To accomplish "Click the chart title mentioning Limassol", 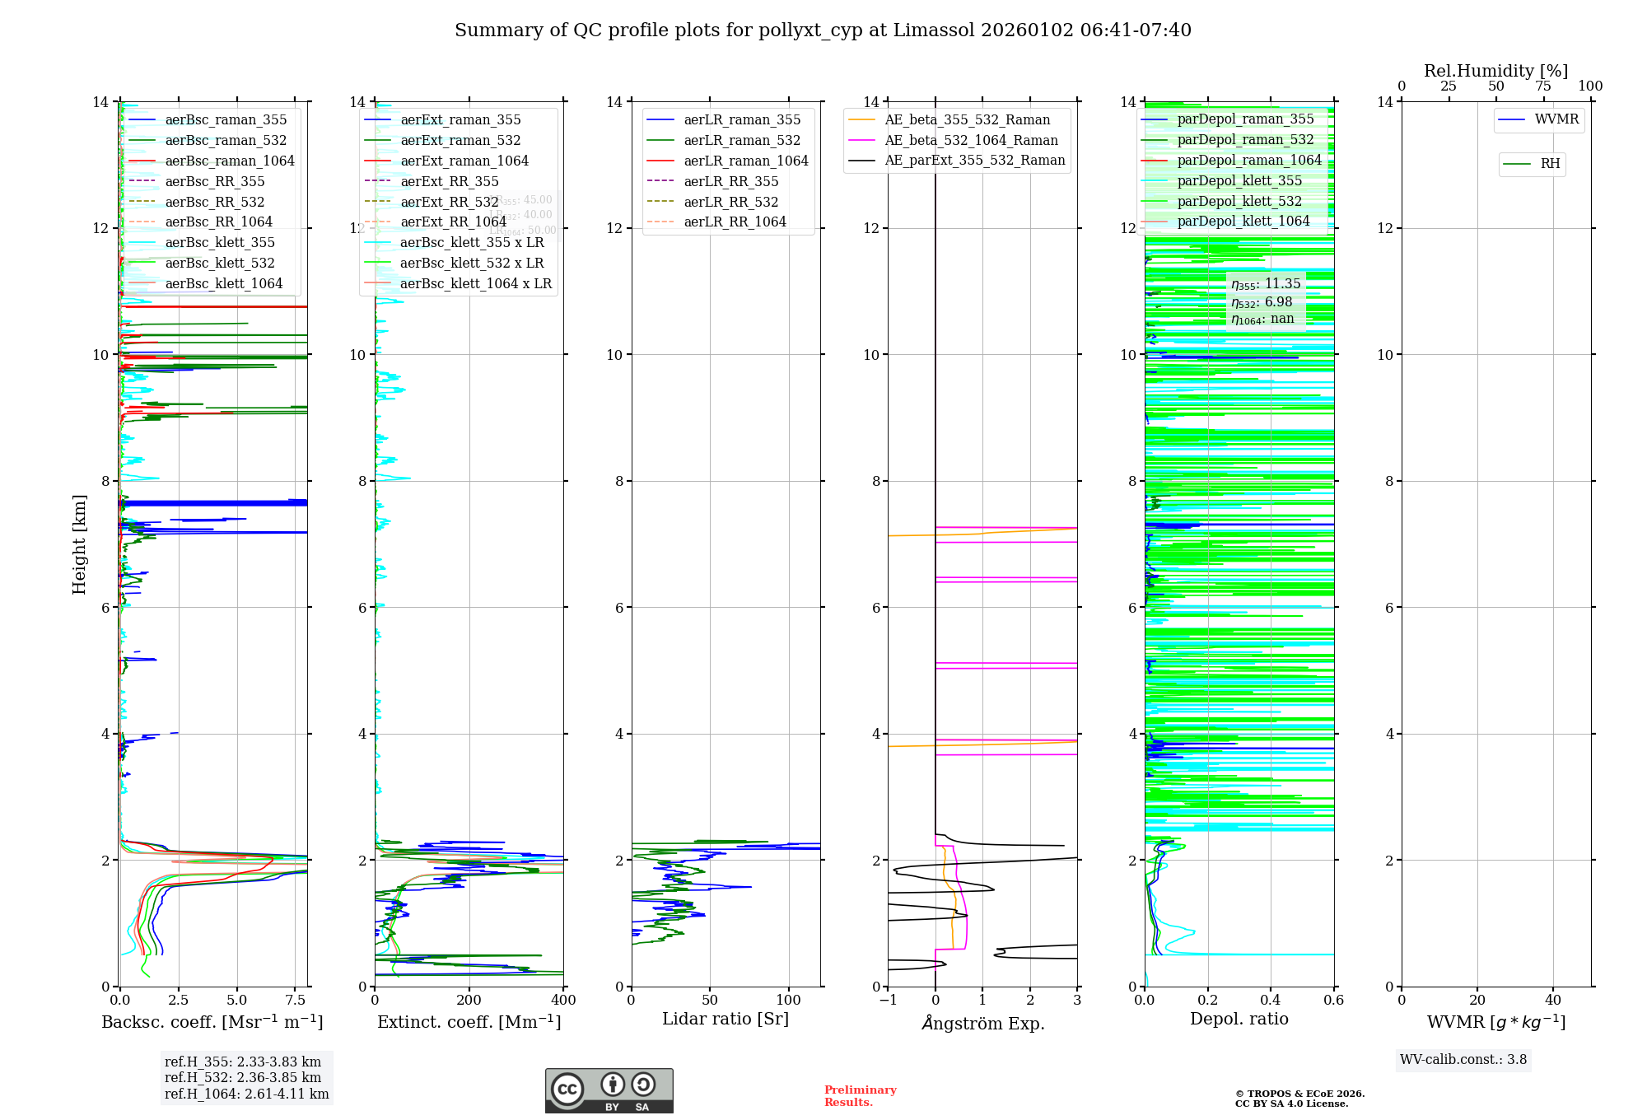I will [x=823, y=30].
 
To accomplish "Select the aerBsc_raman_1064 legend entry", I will [x=229, y=161].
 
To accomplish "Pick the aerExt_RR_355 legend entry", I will [x=449, y=181].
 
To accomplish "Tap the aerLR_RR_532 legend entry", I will [x=730, y=202].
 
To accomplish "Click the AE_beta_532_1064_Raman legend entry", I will [x=971, y=140].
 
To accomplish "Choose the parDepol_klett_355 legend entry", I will [x=1239, y=180].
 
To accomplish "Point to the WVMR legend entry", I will [x=1556, y=119].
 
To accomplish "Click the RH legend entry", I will [x=1550, y=164].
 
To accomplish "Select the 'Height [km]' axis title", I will [x=79, y=544].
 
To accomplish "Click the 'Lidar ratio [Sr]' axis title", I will [x=726, y=1019].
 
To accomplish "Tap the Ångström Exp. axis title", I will [x=982, y=1023].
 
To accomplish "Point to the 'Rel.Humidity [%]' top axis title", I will [x=1495, y=71].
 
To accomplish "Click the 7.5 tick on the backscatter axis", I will [x=296, y=1001].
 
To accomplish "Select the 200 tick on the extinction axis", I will [x=469, y=1001].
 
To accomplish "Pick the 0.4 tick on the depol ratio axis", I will [x=1271, y=1001].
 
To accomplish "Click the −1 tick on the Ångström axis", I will [x=888, y=1001].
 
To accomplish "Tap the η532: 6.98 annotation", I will [x=1262, y=302].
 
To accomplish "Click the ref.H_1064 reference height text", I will [x=246, y=1094].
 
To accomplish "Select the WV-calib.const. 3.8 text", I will [x=1463, y=1059].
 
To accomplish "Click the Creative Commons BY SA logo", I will [x=609, y=1090].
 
